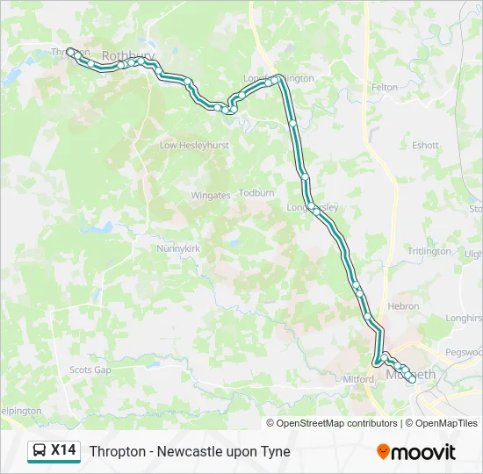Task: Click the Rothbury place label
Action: (128, 55)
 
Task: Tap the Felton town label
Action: (385, 88)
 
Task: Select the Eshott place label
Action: (425, 146)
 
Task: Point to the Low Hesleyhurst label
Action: (194, 145)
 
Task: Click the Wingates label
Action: (211, 195)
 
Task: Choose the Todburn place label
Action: (256, 192)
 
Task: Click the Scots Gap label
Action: (90, 370)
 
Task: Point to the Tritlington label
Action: (429, 251)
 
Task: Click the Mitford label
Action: (358, 379)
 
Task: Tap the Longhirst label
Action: (464, 319)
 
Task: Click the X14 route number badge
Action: (63, 451)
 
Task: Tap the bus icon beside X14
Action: (40, 451)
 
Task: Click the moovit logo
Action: (416, 452)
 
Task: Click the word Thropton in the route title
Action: (117, 452)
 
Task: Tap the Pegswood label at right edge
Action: (465, 352)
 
